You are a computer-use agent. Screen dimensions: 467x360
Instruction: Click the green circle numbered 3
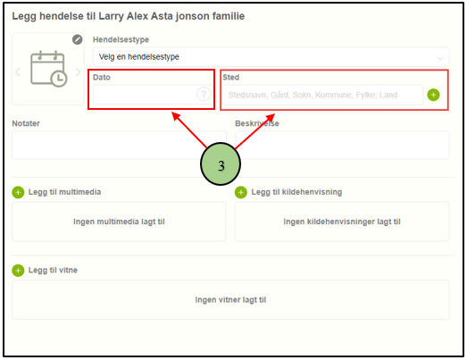tap(221, 163)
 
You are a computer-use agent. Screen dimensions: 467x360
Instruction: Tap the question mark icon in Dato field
tap(204, 95)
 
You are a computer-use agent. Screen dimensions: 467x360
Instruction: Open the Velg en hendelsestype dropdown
tap(271, 56)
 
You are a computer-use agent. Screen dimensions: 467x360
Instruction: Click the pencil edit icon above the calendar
tap(78, 39)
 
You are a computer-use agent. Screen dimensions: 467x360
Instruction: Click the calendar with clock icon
tap(49, 69)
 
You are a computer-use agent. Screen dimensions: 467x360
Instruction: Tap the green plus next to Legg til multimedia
tap(18, 192)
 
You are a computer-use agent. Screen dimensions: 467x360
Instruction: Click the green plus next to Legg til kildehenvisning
tap(241, 192)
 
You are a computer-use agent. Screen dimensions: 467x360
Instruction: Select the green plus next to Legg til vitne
tap(18, 271)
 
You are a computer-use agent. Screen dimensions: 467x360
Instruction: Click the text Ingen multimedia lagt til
tap(119, 222)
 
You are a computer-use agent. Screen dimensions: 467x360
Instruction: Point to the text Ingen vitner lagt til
tap(230, 300)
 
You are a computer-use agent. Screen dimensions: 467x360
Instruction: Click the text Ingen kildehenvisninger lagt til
tap(342, 222)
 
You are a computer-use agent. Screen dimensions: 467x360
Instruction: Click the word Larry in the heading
tap(111, 16)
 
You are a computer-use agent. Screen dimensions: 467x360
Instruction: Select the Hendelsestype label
tap(121, 39)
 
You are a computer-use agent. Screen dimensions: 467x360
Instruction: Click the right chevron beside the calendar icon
tap(78, 71)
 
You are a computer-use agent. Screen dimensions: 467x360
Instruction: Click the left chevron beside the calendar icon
tap(18, 71)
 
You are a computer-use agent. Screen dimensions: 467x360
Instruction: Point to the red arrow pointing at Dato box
tap(189, 130)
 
